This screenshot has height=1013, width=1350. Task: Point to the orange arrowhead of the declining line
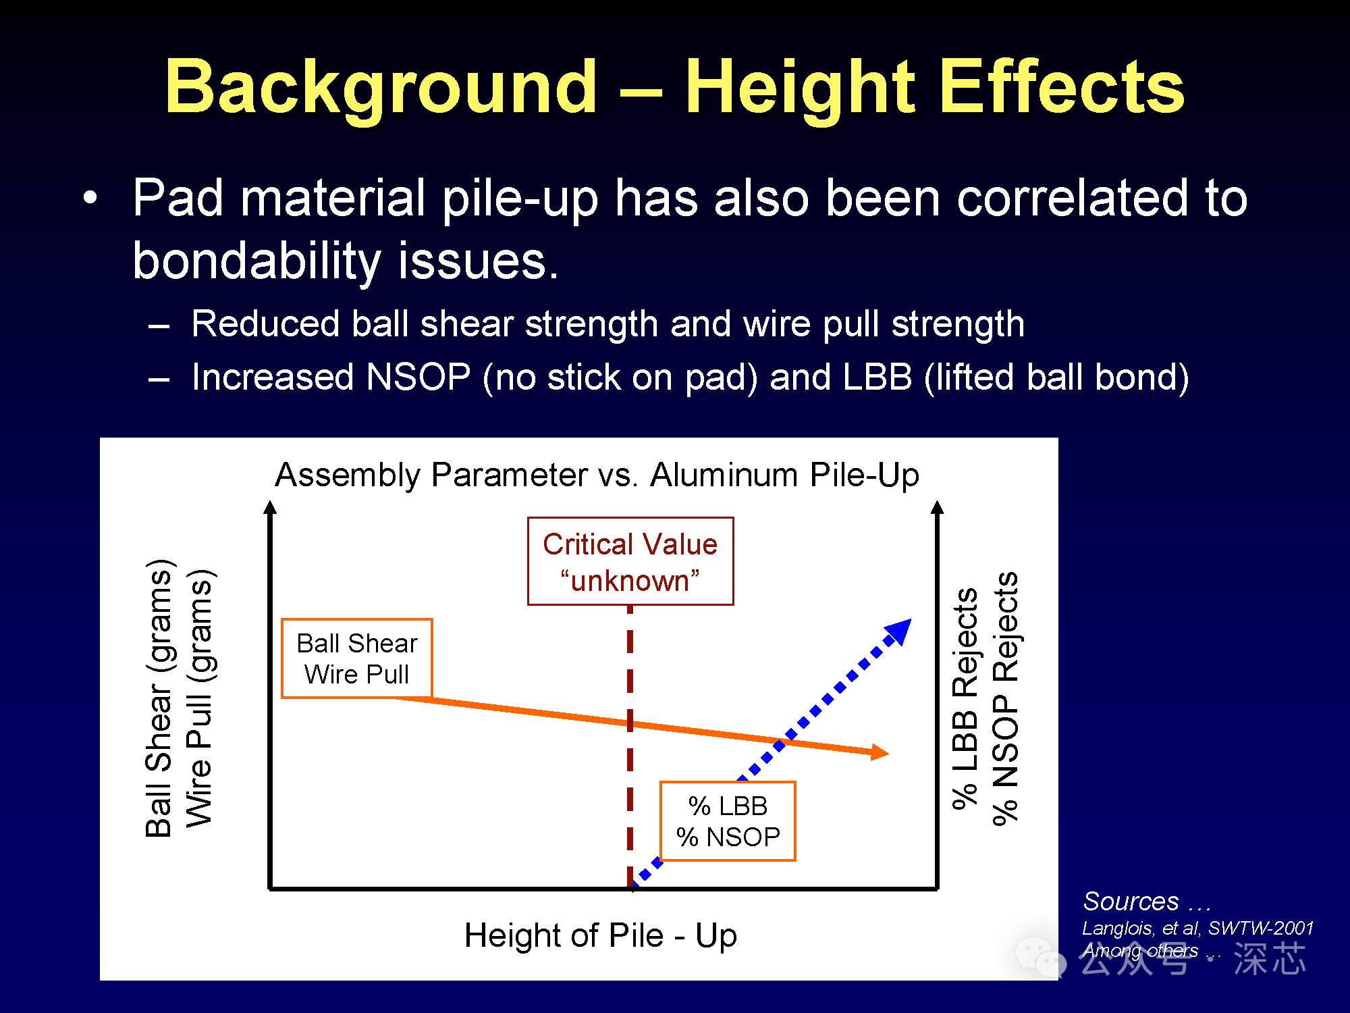[880, 752]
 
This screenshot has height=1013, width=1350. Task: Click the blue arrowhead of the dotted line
[899, 632]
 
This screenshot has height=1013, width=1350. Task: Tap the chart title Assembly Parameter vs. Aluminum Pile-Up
[597, 475]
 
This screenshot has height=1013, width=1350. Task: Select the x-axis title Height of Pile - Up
[601, 936]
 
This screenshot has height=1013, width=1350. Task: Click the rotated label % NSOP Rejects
[1005, 698]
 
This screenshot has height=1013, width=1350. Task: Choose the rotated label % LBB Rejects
[965, 698]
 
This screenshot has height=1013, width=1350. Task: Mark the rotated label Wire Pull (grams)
[200, 698]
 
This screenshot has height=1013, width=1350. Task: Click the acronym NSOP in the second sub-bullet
[418, 377]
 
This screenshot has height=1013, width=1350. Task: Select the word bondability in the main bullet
[257, 262]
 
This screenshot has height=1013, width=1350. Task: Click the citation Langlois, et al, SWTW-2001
[1197, 928]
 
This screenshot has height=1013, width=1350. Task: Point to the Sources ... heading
[1147, 902]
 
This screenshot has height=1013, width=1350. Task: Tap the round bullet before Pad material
[90, 198]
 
